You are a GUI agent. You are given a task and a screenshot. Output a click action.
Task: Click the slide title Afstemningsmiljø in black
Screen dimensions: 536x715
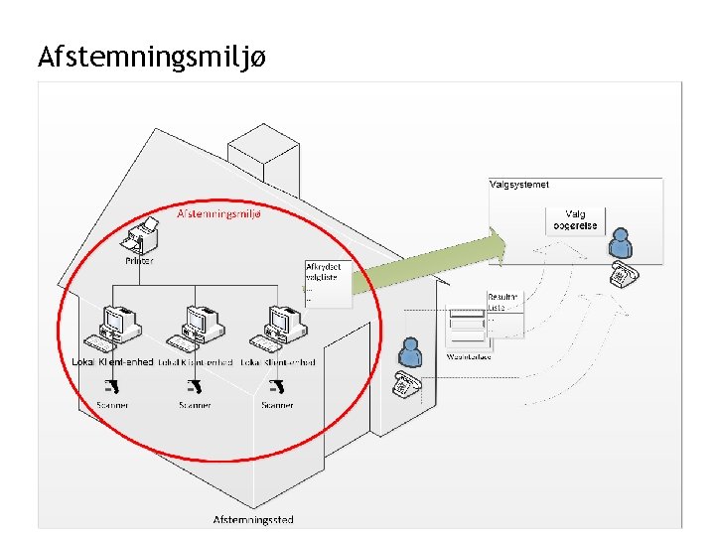151,58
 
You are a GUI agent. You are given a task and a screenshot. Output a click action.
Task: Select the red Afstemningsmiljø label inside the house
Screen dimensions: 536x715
218,213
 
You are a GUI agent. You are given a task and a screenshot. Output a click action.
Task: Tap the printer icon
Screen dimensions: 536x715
142,239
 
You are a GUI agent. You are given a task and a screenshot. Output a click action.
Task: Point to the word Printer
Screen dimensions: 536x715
140,261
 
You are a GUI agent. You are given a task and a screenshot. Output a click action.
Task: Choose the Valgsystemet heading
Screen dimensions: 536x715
519,185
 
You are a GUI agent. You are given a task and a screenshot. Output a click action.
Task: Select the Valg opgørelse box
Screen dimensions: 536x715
576,220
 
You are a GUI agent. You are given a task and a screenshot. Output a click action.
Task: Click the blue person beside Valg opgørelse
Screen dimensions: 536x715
620,241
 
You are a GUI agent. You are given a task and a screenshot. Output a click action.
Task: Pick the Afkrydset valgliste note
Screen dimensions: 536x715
321,274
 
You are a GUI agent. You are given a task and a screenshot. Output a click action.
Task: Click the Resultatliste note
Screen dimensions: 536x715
502,303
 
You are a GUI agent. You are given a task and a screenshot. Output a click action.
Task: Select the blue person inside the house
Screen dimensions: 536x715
409,350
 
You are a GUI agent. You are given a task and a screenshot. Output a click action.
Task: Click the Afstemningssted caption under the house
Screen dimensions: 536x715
253,519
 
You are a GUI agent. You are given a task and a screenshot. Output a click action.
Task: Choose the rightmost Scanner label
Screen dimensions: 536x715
277,405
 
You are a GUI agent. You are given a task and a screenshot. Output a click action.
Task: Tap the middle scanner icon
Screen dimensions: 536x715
195,386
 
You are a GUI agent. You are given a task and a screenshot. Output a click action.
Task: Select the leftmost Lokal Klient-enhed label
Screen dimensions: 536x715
112,362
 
